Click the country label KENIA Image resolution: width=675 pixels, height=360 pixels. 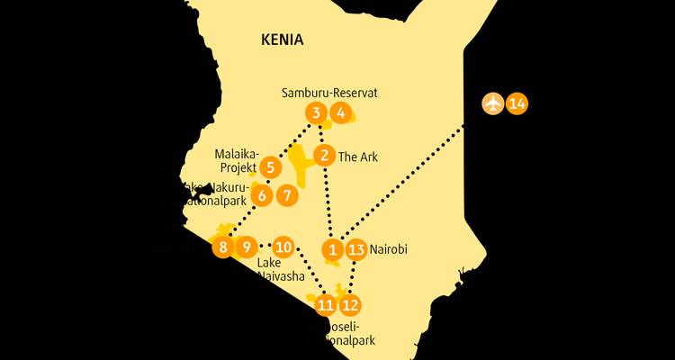(x=282, y=40)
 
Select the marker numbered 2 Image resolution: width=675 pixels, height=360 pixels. (x=325, y=156)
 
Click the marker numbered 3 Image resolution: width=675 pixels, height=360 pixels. (x=316, y=112)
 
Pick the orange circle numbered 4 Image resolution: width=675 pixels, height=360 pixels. (x=339, y=112)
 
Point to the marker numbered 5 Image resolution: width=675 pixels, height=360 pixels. (x=270, y=167)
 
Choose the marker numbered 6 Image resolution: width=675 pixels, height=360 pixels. (x=262, y=194)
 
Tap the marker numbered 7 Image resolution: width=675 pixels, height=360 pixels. (x=286, y=194)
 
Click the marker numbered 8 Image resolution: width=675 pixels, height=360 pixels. (x=222, y=246)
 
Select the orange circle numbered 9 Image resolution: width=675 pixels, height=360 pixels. (x=245, y=246)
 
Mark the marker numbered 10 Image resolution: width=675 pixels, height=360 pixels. (x=283, y=246)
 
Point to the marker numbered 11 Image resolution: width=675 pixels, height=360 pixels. (x=325, y=305)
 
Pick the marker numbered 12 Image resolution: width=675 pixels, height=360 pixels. (x=349, y=304)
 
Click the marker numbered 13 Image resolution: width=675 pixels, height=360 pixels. (x=356, y=249)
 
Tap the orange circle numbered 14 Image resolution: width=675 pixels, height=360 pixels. (x=517, y=103)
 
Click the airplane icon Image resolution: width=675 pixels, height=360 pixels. (x=492, y=103)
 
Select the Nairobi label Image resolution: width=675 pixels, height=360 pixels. (x=389, y=249)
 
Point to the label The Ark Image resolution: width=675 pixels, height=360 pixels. (x=357, y=157)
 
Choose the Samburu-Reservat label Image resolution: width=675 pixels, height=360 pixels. (x=316, y=93)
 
